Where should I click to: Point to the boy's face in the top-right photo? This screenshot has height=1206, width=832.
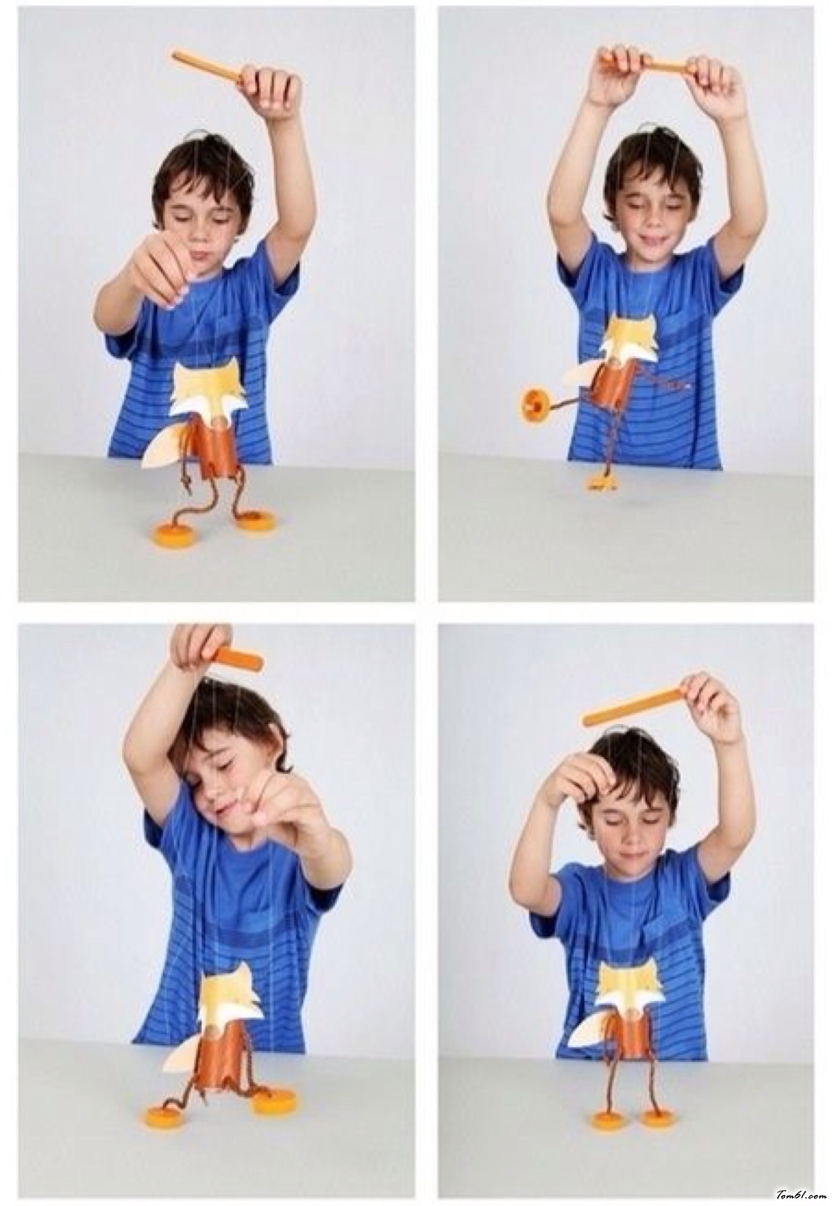[x=648, y=209]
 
